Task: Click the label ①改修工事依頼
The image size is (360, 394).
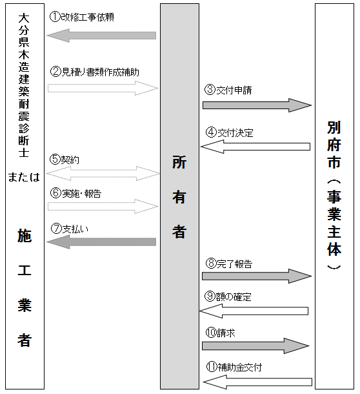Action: (82, 17)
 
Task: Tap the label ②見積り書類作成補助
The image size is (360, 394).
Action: (94, 71)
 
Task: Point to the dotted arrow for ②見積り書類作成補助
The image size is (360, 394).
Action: (103, 88)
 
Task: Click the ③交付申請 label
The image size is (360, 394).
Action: (229, 90)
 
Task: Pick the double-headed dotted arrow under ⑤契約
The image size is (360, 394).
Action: (103, 172)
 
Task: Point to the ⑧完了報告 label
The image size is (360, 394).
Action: (229, 264)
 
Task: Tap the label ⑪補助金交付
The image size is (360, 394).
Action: (234, 367)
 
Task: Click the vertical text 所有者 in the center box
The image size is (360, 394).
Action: (179, 197)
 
